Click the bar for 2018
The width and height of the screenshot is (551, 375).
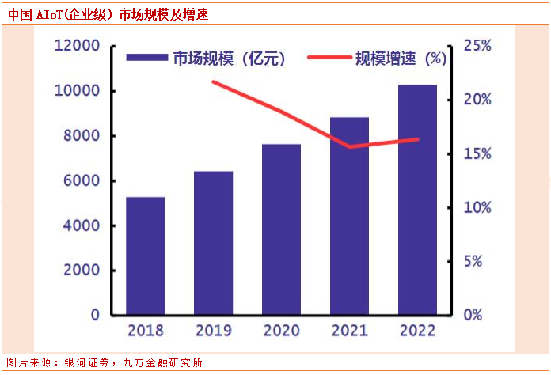pyautogui.click(x=146, y=256)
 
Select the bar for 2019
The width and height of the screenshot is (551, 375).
pyautogui.click(x=214, y=243)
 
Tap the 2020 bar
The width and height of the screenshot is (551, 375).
pyautogui.click(x=282, y=229)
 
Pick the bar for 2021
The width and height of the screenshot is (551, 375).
pyautogui.click(x=349, y=216)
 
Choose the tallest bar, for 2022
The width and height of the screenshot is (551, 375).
pyautogui.click(x=417, y=199)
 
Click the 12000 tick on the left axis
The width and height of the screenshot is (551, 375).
pyautogui.click(x=77, y=46)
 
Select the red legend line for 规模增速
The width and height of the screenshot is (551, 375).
pyautogui.click(x=325, y=58)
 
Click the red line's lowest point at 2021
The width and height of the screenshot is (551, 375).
pyautogui.click(x=349, y=146)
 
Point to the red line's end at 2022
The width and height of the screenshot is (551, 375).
pyautogui.click(x=417, y=139)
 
